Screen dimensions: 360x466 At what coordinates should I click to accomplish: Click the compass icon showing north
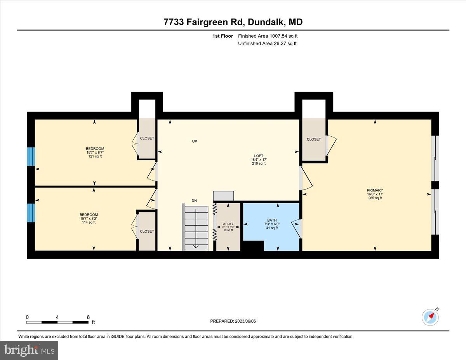coord(430,317)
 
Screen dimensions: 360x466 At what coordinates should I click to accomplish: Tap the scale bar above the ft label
coord(57,322)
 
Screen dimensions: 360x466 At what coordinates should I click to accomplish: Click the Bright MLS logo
coord(30,350)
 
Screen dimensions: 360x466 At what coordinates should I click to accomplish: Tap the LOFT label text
coord(258,160)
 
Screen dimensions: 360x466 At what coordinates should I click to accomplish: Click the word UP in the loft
coord(195,141)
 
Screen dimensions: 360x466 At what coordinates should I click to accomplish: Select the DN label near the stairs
coord(195,200)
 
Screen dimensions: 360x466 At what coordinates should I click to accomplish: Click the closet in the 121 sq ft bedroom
coord(147,138)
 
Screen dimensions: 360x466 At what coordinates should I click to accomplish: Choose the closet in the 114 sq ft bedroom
coord(147,231)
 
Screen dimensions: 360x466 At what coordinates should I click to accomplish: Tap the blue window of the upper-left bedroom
coord(31,157)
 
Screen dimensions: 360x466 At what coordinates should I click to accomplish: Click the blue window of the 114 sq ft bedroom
coord(31,212)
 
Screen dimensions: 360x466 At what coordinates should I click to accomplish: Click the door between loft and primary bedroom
coord(305,179)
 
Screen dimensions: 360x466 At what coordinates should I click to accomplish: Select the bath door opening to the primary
coord(297,228)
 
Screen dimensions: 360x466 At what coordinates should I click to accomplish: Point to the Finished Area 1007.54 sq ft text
coord(268,36)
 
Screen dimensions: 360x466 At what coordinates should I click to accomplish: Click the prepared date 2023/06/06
coord(233,321)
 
